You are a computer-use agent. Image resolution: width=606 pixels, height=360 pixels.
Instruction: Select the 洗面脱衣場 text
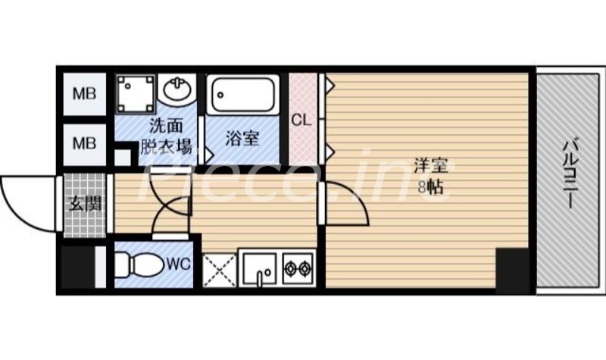click(165, 137)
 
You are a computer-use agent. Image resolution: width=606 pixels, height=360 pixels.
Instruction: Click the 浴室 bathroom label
click(242, 138)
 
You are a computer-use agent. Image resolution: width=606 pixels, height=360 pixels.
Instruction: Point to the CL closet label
click(302, 119)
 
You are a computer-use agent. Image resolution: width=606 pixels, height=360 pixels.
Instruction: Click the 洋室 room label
click(430, 165)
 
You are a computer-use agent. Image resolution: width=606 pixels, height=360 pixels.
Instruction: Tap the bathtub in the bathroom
click(243, 95)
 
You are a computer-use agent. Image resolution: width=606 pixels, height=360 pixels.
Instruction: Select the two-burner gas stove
click(297, 268)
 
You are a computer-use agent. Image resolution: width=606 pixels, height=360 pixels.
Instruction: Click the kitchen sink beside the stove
click(259, 268)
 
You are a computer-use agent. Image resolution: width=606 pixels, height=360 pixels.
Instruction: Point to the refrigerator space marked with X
click(219, 269)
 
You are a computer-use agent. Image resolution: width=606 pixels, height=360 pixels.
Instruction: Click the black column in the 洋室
click(511, 269)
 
